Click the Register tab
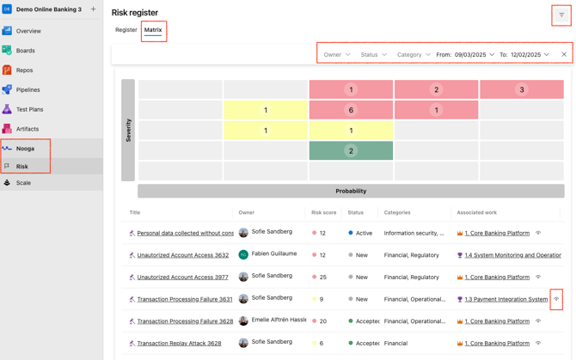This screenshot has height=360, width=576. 126,30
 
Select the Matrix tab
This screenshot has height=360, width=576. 153,30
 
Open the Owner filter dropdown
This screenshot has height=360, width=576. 336,55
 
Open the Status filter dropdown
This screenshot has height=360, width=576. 373,55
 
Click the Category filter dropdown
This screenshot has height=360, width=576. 414,55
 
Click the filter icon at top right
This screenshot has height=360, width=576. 561,15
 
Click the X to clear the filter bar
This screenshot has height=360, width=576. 564,55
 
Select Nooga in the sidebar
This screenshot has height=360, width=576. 25,149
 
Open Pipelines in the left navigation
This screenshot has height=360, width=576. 28,89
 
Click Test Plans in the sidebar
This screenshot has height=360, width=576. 29,109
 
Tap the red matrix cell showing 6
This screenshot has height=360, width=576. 351,110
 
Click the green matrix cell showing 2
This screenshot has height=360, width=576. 351,150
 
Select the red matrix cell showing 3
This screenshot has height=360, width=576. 521,89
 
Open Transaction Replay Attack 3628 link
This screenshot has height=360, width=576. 179,344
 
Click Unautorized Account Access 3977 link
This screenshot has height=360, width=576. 182,278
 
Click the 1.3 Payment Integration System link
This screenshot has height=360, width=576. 506,300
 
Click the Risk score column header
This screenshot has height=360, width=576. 323,212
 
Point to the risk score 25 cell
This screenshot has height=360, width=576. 322,278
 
